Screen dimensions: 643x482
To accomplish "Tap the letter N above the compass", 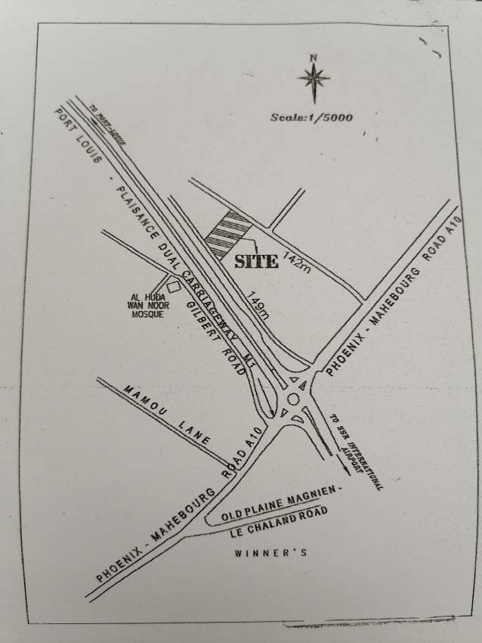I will (313, 57).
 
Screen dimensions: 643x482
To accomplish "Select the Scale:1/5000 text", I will (312, 117).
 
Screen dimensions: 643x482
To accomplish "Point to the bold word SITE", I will (256, 262).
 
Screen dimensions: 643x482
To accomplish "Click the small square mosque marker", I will (174, 286).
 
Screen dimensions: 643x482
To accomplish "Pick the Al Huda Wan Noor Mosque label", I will (145, 304).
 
